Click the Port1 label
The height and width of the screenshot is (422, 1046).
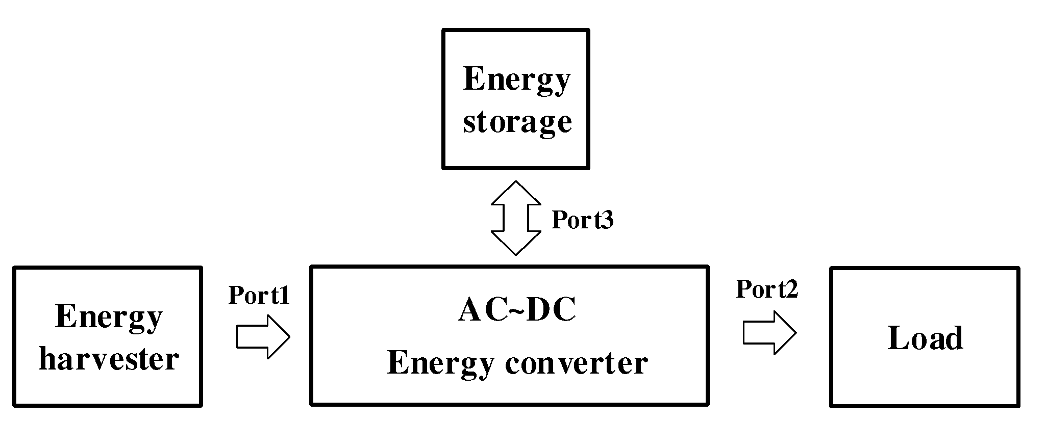point(259,295)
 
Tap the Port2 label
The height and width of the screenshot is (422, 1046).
point(767,289)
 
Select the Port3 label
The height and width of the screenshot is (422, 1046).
point(582,220)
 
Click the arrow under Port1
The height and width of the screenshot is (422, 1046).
point(263,337)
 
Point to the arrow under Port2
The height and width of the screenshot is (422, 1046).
point(769,333)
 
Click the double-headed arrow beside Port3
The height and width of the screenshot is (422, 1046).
point(516,218)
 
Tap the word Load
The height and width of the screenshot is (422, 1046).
point(925,338)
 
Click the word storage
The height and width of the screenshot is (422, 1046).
point(517,122)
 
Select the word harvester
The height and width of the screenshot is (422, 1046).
point(109,359)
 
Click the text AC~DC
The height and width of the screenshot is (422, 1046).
point(517,310)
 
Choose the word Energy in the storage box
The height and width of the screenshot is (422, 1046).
point(516,80)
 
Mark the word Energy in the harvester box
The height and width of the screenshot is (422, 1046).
point(108,317)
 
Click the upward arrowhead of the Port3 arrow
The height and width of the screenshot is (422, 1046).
point(516,192)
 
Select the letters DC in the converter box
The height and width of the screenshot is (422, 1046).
point(551,310)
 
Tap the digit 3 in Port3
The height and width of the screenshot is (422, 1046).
point(607,220)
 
